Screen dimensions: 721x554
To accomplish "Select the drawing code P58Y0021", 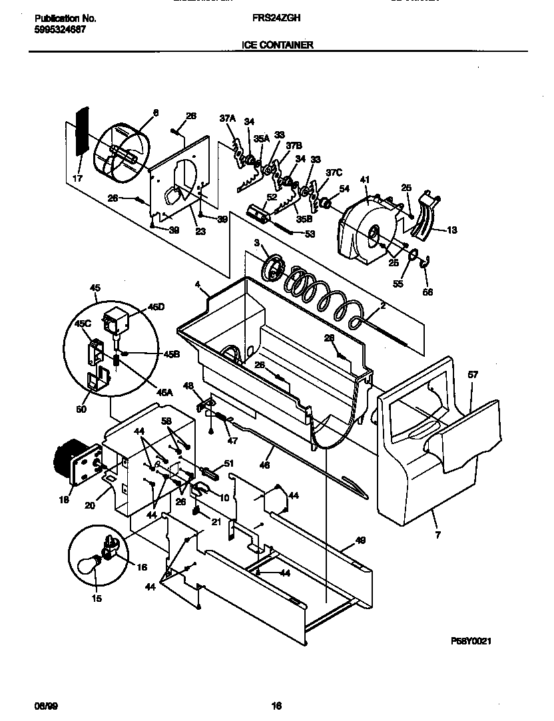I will click(471, 640).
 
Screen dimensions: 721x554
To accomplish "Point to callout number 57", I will click(473, 375).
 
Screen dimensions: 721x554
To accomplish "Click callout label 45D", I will click(155, 308).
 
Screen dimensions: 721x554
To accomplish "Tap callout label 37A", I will click(228, 118).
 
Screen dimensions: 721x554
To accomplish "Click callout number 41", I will click(364, 180).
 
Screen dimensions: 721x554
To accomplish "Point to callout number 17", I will click(78, 178).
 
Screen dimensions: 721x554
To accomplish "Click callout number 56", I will click(428, 290).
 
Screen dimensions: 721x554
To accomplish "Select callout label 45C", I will click(84, 324).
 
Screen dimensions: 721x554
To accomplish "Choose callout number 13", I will click(451, 230).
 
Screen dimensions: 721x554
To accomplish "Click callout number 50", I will click(81, 409).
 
